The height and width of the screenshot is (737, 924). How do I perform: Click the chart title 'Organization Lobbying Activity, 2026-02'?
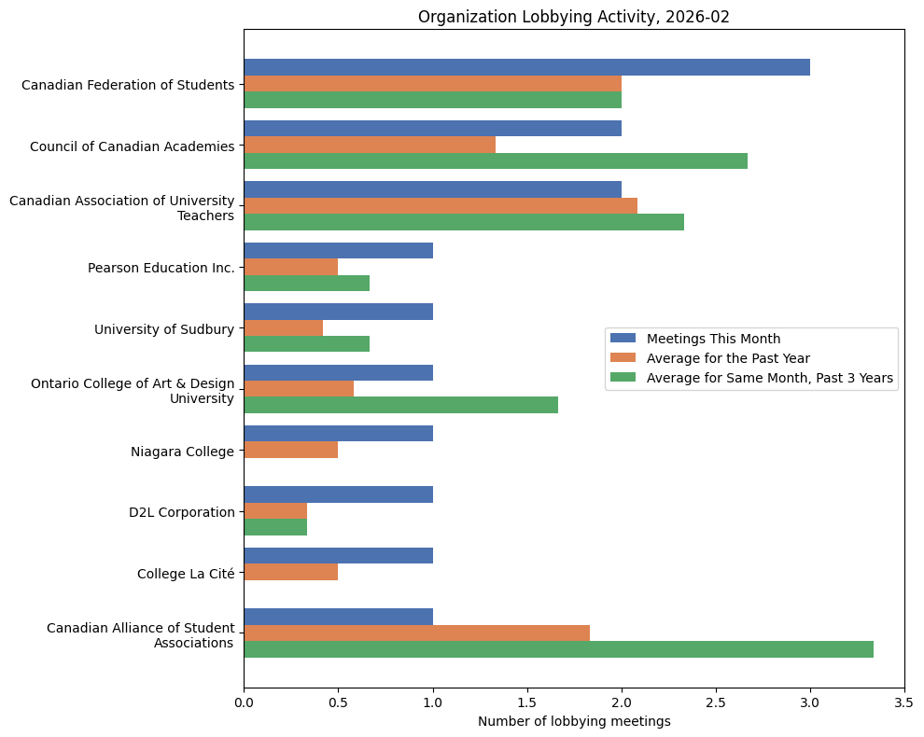point(573,17)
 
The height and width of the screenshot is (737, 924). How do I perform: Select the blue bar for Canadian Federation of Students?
point(526,67)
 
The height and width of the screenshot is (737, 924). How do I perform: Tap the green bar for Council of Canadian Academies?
point(495,160)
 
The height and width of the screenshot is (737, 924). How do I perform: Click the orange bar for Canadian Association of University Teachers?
point(441,205)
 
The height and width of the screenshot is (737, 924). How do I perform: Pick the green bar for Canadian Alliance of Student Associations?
point(558,649)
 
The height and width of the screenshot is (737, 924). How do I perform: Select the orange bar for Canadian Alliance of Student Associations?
point(416,633)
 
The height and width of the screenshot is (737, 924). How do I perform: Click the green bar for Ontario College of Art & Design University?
point(400,405)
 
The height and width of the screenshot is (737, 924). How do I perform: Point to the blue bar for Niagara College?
point(338,434)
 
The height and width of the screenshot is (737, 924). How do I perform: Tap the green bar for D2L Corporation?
point(275,527)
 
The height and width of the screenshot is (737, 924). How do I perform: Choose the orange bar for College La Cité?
point(290,572)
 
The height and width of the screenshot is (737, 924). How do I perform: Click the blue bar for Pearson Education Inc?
point(338,250)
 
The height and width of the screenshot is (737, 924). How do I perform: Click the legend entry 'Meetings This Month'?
point(713,339)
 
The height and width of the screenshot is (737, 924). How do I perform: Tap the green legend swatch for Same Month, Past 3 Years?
point(623,378)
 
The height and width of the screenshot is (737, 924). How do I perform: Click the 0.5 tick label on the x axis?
point(338,701)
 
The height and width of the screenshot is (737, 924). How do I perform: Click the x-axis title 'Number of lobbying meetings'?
point(573,721)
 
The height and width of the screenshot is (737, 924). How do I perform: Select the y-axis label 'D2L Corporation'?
point(181,512)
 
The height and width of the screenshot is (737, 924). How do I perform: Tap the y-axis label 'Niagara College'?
point(182,452)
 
